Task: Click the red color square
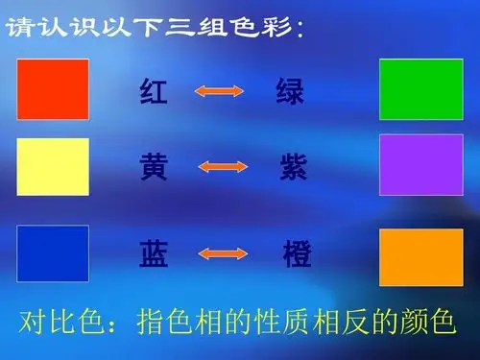click(x=53, y=88)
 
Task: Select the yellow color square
click(x=53, y=166)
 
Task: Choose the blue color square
click(x=53, y=253)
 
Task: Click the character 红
click(x=155, y=91)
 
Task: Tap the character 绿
click(x=290, y=91)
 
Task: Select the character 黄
click(x=155, y=168)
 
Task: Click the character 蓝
click(x=155, y=254)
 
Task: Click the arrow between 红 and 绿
click(x=221, y=91)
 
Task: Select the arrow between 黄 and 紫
click(x=222, y=168)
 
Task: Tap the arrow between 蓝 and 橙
click(x=223, y=254)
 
